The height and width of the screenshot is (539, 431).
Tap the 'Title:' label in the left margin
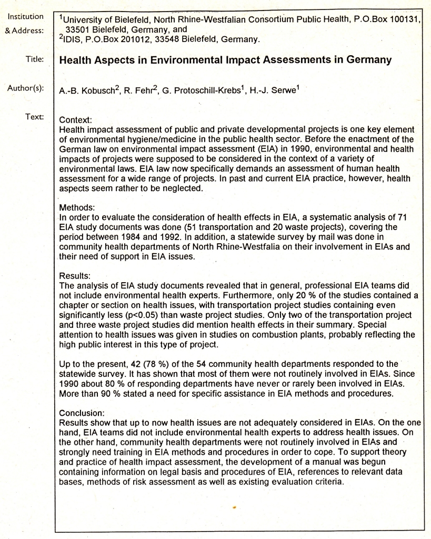(34, 59)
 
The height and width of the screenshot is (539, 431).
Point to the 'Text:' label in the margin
(34, 116)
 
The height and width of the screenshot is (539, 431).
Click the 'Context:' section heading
(76, 121)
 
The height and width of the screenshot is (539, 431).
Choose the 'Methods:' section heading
(78, 208)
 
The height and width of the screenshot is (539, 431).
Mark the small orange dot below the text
(233, 508)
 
